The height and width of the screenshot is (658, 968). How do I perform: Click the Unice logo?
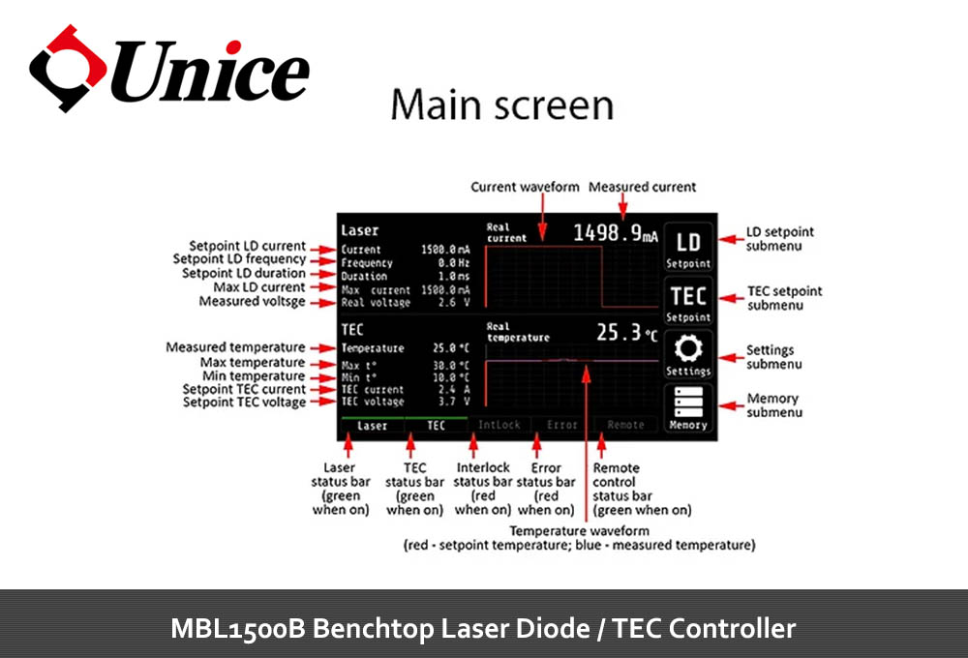(x=169, y=70)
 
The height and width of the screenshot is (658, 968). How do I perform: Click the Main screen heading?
(x=501, y=105)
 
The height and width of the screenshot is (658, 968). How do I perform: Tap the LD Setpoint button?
(x=688, y=248)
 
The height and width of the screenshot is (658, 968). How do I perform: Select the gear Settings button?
(x=688, y=355)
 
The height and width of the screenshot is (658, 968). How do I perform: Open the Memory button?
(x=688, y=407)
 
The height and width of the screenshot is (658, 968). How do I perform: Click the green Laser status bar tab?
(x=372, y=425)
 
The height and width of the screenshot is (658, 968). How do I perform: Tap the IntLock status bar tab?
(x=499, y=425)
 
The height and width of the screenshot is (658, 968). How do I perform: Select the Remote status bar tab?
(x=625, y=425)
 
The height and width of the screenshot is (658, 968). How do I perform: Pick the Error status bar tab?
(x=562, y=425)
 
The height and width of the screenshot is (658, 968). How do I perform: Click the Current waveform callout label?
(x=525, y=187)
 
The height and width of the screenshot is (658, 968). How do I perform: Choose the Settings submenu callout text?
(x=771, y=357)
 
